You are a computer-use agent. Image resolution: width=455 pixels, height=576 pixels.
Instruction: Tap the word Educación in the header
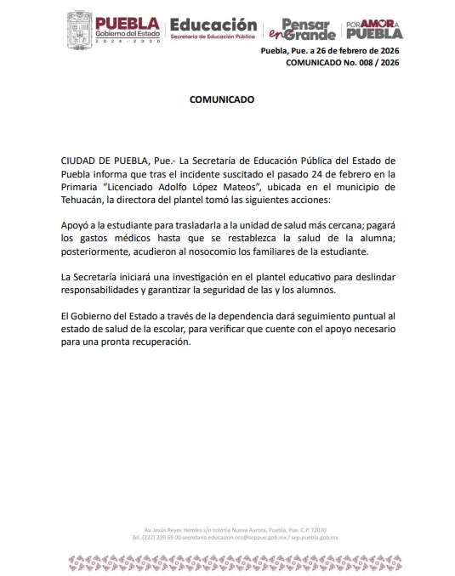pos(213,25)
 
